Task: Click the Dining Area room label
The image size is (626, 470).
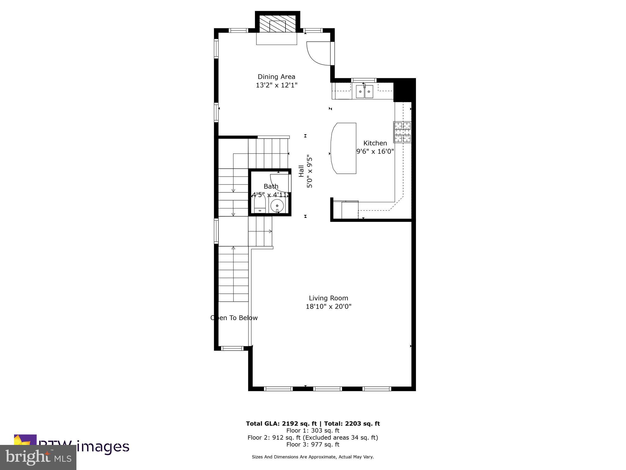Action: pyautogui.click(x=276, y=76)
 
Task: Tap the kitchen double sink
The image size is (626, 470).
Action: pyautogui.click(x=364, y=91)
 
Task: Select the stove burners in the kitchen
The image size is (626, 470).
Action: pyautogui.click(x=402, y=132)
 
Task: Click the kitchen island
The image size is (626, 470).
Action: pyautogui.click(x=344, y=148)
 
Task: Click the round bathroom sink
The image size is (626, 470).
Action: pyautogui.click(x=277, y=206)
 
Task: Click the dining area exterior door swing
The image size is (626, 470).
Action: pyautogui.click(x=318, y=54)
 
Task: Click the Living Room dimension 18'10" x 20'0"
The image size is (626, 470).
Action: pyautogui.click(x=329, y=306)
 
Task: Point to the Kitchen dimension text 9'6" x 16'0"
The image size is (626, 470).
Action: pyautogui.click(x=375, y=151)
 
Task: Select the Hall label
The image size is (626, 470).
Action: pyautogui.click(x=301, y=171)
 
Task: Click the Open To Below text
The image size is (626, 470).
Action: pyautogui.click(x=234, y=318)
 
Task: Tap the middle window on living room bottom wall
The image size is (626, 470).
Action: pyautogui.click(x=327, y=389)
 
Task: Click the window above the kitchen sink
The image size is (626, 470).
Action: pyautogui.click(x=364, y=80)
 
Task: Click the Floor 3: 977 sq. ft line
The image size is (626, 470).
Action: pyautogui.click(x=313, y=444)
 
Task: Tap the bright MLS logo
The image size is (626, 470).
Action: pyautogui.click(x=38, y=457)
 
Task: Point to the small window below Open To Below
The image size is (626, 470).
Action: pyautogui.click(x=232, y=348)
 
